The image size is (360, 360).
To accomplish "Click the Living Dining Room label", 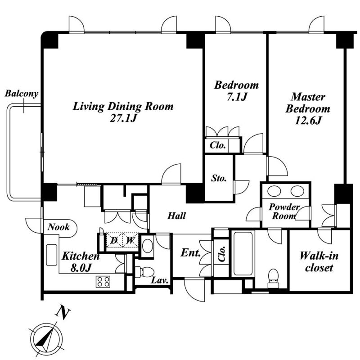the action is tap(123, 107).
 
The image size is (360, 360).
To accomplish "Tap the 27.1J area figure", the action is tap(123, 118).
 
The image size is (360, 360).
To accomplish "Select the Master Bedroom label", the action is tap(308, 103).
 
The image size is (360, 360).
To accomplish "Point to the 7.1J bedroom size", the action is tap(237, 97).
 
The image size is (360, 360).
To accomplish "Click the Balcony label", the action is tap(21, 94).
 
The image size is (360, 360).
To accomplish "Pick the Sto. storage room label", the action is tap(219, 178).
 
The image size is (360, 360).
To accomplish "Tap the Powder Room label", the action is tap(284, 211).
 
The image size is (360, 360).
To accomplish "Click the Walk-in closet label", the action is tap(319, 262).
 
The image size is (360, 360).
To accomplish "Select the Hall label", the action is tap(176, 216).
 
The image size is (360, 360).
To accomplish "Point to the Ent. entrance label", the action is tap(190, 253).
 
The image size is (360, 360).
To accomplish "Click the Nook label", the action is tap(58, 227).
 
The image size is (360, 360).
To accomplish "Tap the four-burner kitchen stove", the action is tap(103, 282).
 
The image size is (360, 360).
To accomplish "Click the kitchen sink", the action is tap(52, 255).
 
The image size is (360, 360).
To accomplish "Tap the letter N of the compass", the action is tap(63, 312).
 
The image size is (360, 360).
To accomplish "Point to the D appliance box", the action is tap(114, 240).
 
